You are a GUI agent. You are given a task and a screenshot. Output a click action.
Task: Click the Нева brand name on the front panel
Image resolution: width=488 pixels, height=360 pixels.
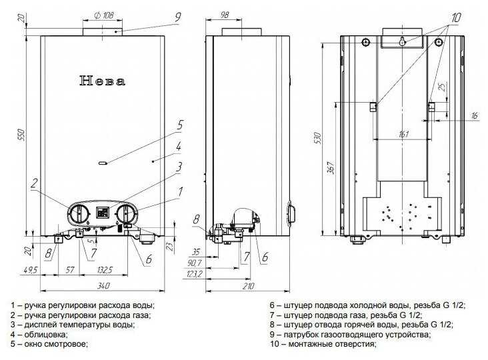pyautogui.click(x=103, y=81)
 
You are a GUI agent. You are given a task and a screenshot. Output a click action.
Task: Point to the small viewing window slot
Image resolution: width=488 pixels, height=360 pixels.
pyautogui.click(x=103, y=163)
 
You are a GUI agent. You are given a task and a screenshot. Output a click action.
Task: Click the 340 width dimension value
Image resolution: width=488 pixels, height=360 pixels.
pyautogui.click(x=103, y=285)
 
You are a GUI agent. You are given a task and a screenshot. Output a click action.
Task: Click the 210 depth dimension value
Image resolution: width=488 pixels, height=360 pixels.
pyautogui.click(x=248, y=285)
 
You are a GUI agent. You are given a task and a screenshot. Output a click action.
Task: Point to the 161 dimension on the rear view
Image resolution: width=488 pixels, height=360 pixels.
pyautogui.click(x=403, y=134)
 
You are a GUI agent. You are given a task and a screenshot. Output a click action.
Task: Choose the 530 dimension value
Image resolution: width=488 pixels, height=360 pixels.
pyautogui.click(x=317, y=137)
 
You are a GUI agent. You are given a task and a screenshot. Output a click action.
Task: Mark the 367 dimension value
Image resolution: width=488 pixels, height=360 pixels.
pyautogui.click(x=331, y=168)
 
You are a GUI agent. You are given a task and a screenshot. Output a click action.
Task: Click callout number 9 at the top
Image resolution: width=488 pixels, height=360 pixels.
pyautogui.click(x=178, y=17)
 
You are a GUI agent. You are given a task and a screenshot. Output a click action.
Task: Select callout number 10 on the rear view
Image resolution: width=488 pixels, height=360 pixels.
pyautogui.click(x=455, y=17)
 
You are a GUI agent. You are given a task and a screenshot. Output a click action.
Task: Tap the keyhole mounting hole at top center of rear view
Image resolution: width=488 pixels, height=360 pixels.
pyautogui.click(x=402, y=41)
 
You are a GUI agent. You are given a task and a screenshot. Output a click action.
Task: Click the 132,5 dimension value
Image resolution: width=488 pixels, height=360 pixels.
pyautogui.click(x=104, y=270)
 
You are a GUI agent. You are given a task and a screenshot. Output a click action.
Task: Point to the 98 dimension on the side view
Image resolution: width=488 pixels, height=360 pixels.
pyautogui.click(x=224, y=14)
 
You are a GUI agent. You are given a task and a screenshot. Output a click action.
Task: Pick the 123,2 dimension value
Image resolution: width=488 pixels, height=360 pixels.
pyautogui.click(x=195, y=274)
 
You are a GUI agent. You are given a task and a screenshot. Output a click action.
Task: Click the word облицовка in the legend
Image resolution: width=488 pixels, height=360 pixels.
pyautogui.click(x=45, y=335)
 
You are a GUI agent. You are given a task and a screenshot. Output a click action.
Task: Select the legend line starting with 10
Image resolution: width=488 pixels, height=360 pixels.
pyautogui.click(x=323, y=344)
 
